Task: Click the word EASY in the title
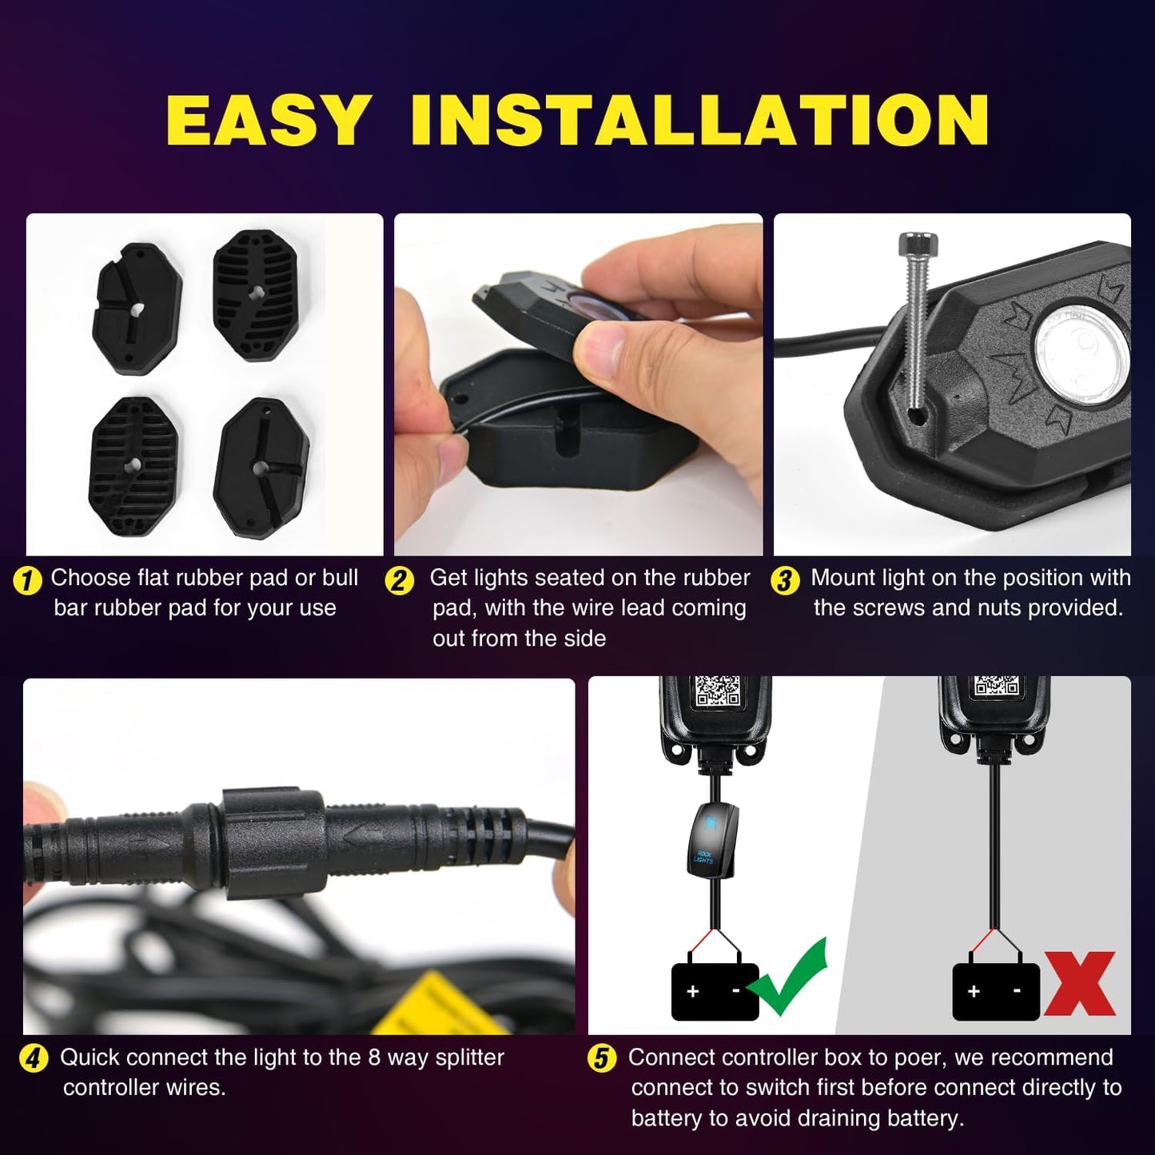tap(269, 121)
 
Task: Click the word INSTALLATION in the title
tap(699, 121)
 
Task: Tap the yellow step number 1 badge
tap(28, 580)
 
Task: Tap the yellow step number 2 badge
tap(400, 580)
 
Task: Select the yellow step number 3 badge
tap(785, 580)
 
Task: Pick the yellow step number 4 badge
tap(33, 1059)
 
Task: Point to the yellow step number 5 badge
tap(602, 1059)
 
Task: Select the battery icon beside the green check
tap(714, 990)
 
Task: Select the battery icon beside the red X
tap(995, 990)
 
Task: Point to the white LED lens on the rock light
tap(1083, 352)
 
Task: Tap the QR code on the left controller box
tap(717, 690)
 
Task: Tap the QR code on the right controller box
tap(996, 686)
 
